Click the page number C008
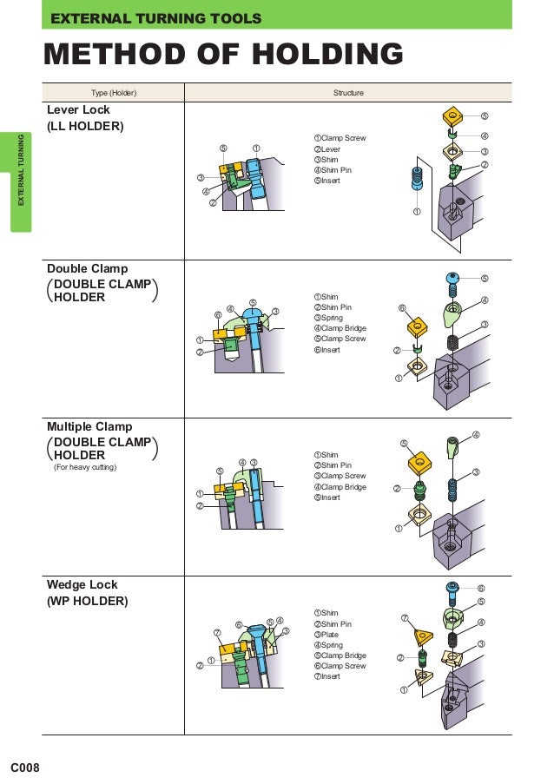[25, 768]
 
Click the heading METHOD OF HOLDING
[223, 54]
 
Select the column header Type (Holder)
[114, 93]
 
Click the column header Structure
[348, 93]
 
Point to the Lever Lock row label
[78, 110]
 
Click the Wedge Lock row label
[82, 584]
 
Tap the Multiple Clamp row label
[89, 426]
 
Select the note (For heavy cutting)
[85, 468]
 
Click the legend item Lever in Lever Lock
[330, 149]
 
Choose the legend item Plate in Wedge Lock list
[329, 635]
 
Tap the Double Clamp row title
[87, 269]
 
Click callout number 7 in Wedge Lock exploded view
[405, 617]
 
